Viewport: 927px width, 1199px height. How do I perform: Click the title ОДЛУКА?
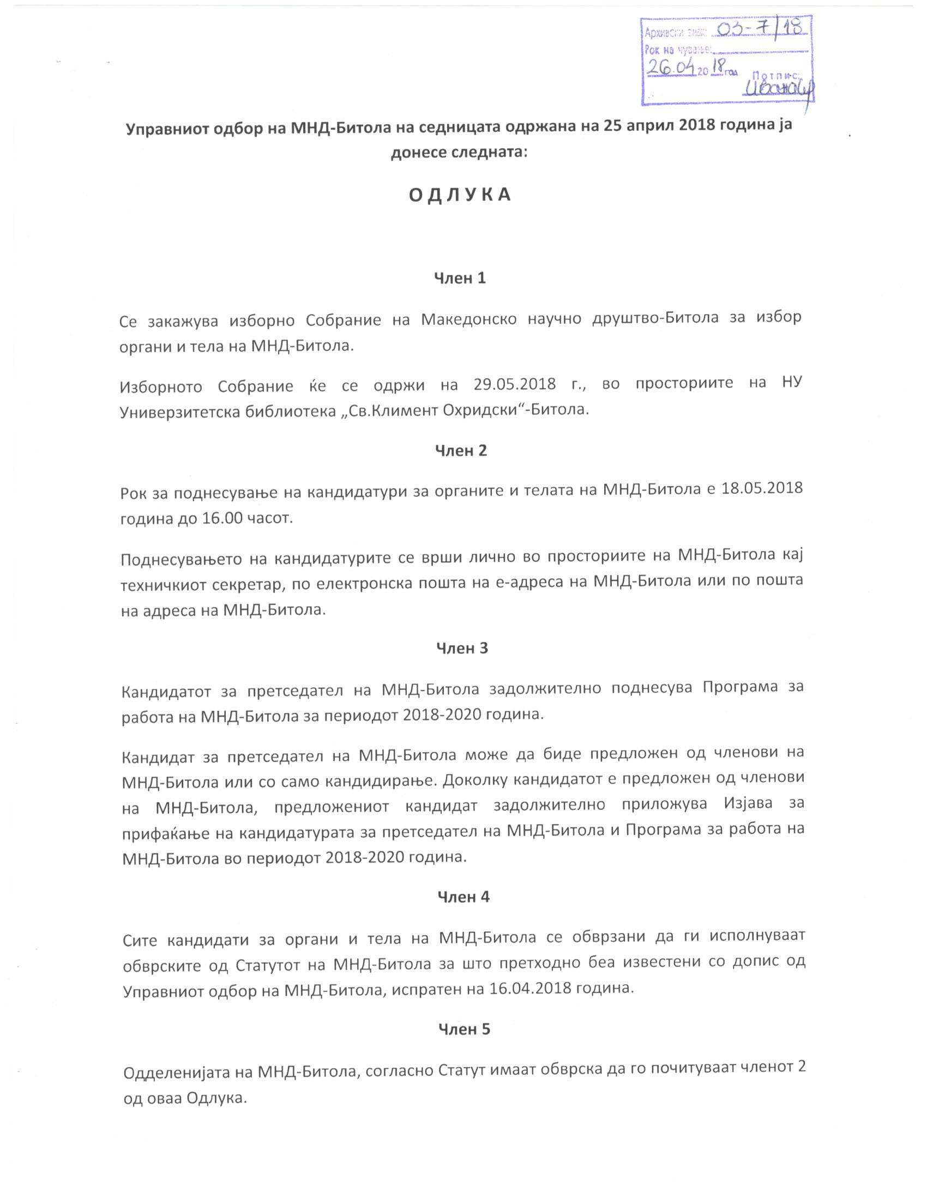(x=460, y=195)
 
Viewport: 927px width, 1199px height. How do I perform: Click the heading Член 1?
(x=460, y=278)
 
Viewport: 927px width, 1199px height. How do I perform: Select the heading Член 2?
(x=461, y=451)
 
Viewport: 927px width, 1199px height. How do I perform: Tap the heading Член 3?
(x=462, y=649)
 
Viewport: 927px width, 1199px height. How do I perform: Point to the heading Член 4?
(x=463, y=897)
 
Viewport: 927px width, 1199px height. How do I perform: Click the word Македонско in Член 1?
(x=468, y=319)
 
